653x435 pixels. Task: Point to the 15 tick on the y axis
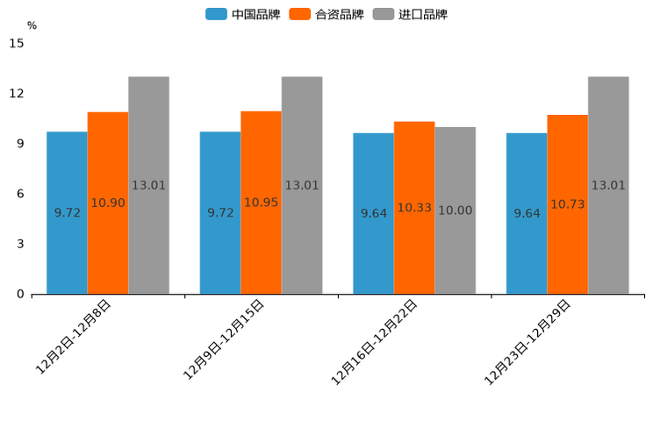(x=17, y=43)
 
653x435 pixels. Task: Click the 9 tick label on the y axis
(x=20, y=144)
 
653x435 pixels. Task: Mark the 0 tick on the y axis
(x=20, y=295)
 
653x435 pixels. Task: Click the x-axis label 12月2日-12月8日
(x=74, y=337)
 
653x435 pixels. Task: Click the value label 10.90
(x=108, y=203)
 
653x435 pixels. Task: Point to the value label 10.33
(x=414, y=208)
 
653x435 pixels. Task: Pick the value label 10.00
(x=455, y=210)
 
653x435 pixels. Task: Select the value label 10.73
(x=567, y=204)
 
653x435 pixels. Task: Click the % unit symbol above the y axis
(x=32, y=25)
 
